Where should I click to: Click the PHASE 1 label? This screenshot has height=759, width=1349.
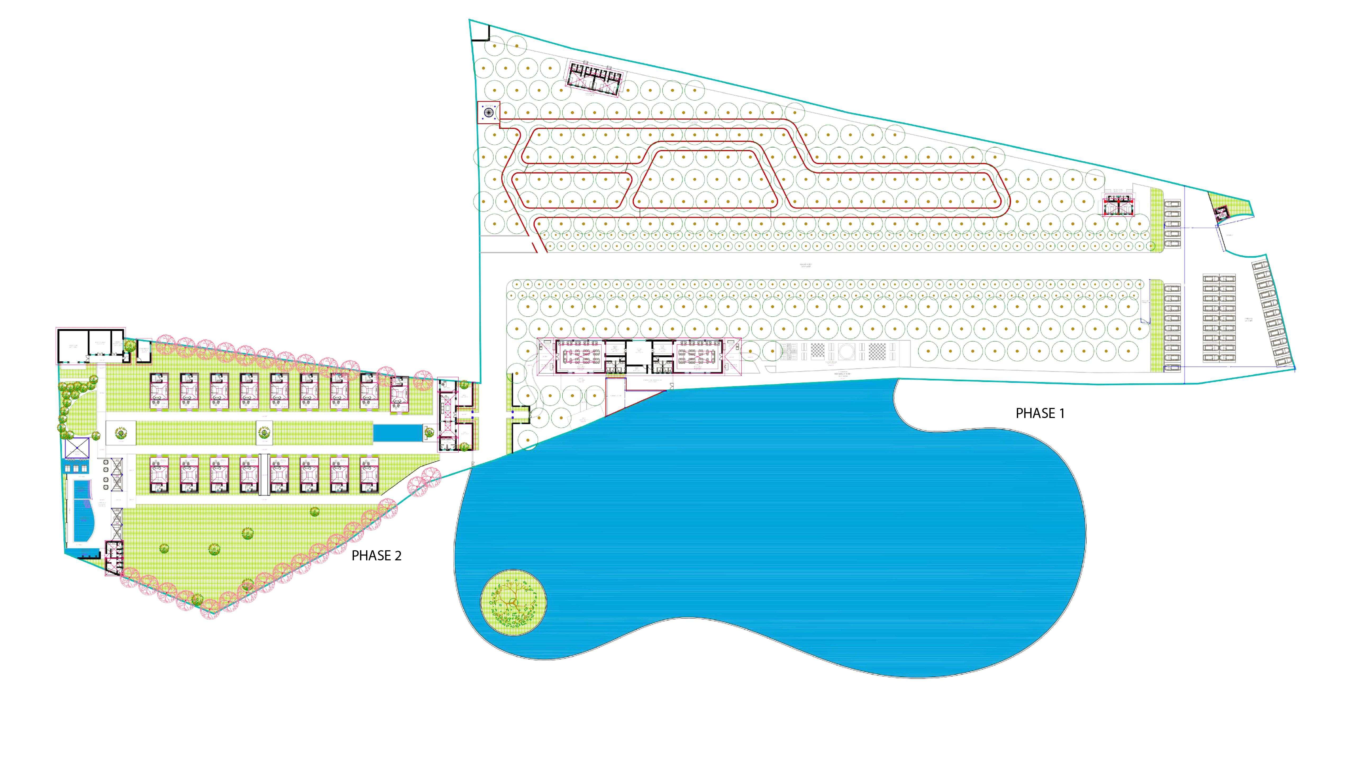pos(1040,413)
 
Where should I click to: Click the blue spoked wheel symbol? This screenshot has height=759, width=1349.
pos(488,112)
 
